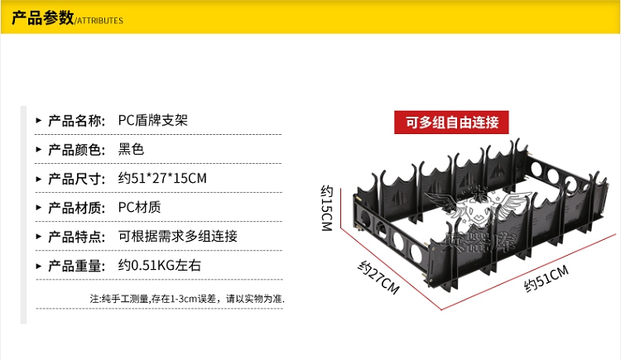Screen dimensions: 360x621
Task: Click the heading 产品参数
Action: [41, 18]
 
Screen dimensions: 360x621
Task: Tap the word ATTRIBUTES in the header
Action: [100, 21]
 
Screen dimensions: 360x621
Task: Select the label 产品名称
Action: [75, 120]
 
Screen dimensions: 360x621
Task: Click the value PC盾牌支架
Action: [153, 120]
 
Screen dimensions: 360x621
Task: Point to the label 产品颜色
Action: [75, 150]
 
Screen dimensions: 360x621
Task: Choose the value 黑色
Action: [132, 150]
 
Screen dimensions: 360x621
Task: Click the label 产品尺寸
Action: [75, 179]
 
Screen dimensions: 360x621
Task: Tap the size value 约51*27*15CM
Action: [162, 179]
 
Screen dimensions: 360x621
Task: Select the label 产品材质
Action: [75, 208]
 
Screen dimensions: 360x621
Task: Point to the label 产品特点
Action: [75, 237]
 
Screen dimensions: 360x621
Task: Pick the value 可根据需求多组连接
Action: [178, 237]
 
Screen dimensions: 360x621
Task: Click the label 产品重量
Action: [75, 266]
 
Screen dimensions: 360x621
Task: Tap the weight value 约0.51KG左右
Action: [160, 266]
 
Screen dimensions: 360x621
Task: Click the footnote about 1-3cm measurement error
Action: [187, 298]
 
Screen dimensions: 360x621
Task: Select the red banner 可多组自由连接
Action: [452, 122]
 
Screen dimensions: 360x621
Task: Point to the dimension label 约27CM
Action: [379, 278]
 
